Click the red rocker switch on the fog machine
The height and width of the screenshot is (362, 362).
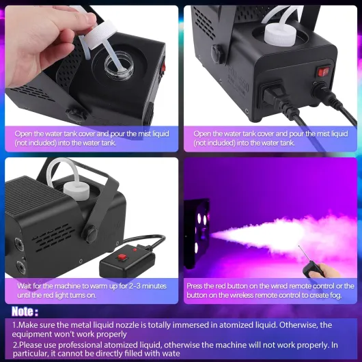pyautogui.click(x=324, y=72)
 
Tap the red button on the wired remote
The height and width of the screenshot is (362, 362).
pyautogui.click(x=122, y=257)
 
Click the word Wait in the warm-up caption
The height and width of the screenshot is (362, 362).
pyautogui.click(x=25, y=286)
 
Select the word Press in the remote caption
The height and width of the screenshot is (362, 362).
pyautogui.click(x=195, y=286)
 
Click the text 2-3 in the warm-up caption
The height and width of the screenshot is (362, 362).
pyautogui.click(x=134, y=286)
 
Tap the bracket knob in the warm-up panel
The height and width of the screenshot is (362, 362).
pyautogui.click(x=90, y=234)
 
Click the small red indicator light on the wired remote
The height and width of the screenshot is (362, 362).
pyautogui.click(x=135, y=249)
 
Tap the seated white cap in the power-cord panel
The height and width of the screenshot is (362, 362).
pyautogui.click(x=280, y=35)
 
